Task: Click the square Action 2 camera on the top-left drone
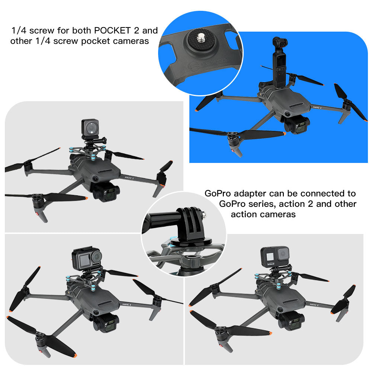pos(89,128)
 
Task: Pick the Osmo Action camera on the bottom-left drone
pos(87,258)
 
